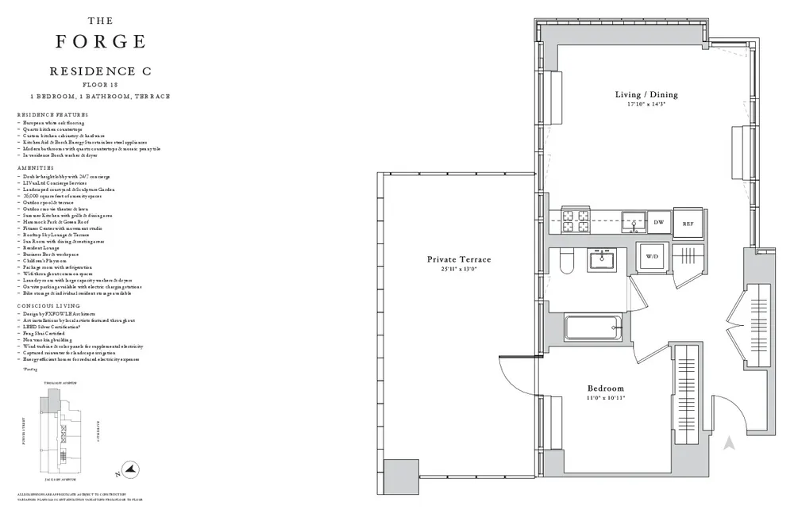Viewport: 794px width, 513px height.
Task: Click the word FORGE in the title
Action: point(100,40)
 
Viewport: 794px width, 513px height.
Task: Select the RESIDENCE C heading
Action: point(100,71)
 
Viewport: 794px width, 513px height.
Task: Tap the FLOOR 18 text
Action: point(100,84)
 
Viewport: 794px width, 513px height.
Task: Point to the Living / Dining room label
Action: point(646,95)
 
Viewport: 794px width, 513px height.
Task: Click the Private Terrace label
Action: point(458,259)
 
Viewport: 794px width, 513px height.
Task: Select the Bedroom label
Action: point(605,389)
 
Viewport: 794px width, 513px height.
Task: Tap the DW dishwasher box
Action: point(658,224)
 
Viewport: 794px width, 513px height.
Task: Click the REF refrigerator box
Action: point(688,224)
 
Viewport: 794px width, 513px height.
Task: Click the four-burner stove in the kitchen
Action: point(573,221)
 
